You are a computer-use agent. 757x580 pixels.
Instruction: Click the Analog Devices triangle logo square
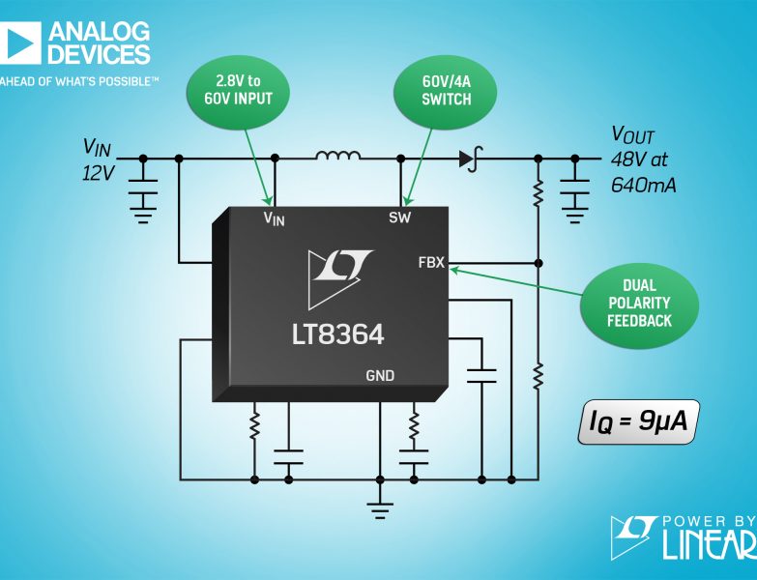coord(19,43)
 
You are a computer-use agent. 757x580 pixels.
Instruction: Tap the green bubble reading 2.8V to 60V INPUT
coord(238,92)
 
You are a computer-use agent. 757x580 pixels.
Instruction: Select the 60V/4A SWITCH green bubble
coord(446,92)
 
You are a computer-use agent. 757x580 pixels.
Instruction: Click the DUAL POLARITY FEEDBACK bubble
coord(639,304)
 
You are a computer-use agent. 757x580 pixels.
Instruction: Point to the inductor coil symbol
coord(338,156)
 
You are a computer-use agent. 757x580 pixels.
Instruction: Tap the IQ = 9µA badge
coord(638,421)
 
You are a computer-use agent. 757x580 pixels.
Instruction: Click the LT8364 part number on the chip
coord(337,333)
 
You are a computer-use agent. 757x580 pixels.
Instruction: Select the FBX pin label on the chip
coord(431,263)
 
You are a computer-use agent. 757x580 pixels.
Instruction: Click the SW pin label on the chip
coord(399,218)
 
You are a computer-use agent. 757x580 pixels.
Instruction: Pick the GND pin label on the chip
coord(380,375)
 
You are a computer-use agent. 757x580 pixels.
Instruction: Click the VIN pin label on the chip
coord(274,218)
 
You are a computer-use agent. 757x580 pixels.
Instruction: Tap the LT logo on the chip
coord(340,278)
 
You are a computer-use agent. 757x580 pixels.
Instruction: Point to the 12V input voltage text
coord(98,173)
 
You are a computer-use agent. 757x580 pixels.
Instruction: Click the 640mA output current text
coord(644,185)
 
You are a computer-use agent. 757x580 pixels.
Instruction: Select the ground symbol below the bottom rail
coord(380,510)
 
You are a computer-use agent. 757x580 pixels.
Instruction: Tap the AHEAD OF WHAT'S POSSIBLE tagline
coord(79,81)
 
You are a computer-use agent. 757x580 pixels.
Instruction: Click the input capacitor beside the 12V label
coord(143,187)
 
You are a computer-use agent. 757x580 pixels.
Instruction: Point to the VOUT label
coord(633,135)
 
